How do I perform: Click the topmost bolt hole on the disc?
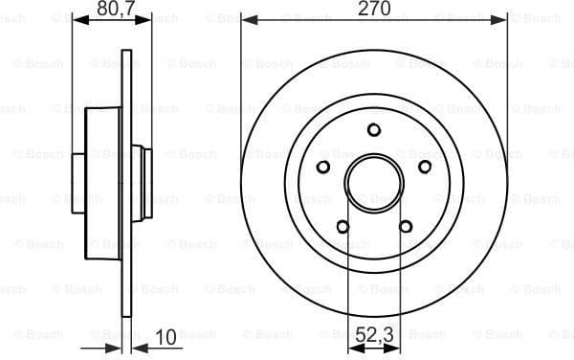click(x=374, y=130)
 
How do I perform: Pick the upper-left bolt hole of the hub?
click(x=323, y=168)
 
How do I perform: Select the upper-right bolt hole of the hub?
click(x=425, y=168)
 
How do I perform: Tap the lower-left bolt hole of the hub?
click(x=342, y=227)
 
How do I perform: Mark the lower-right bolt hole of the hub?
click(x=406, y=227)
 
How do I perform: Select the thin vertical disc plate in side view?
click(x=125, y=182)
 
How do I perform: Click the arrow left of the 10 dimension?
click(x=113, y=347)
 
